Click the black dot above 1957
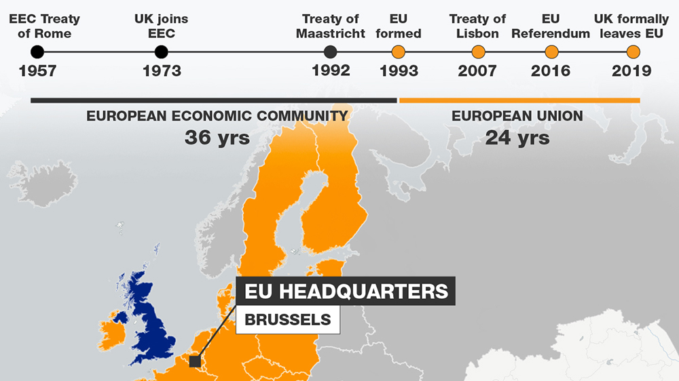coord(37,52)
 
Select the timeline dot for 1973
coord(161,52)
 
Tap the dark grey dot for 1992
coord(331,52)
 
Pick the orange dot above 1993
coord(399,52)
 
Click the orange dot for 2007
coord(478,52)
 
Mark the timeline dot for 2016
coord(551,52)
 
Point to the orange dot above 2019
coord(633,52)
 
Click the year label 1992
coord(331,71)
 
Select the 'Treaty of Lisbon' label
coord(477,26)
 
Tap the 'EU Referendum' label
coord(551,26)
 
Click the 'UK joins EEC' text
coord(162,26)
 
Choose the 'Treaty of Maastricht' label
coord(331,26)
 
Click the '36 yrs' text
coord(217,138)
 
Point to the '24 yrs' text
coord(517,138)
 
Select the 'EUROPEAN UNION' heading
coord(517,117)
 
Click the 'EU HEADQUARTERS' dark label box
coord(346,292)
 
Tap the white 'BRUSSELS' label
coord(288,319)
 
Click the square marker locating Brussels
coord(196,361)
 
